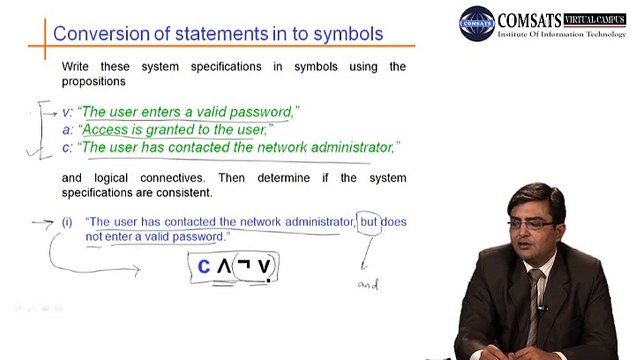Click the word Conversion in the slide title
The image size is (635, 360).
101,34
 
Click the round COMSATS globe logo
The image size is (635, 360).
477,23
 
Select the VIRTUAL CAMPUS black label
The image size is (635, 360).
595,19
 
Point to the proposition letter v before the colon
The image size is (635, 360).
66,113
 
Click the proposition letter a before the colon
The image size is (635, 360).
66,130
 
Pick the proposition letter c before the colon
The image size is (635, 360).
66,148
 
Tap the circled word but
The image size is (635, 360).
369,222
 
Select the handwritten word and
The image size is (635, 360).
368,284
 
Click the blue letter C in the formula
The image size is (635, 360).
204,267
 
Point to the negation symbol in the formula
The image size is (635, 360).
244,264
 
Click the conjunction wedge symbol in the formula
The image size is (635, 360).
224,267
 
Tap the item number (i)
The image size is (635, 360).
67,222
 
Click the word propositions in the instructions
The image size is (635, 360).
94,81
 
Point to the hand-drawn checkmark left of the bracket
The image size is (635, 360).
34,151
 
